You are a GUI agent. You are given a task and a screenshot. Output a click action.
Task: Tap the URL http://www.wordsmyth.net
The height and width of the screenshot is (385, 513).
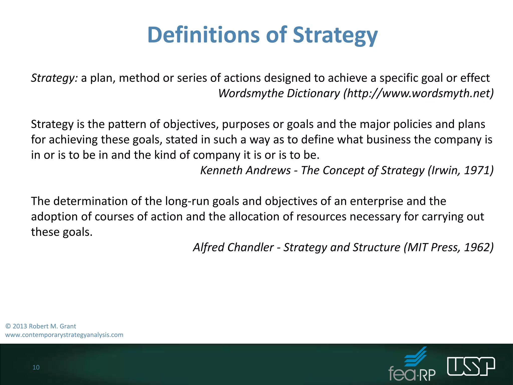click(x=418, y=93)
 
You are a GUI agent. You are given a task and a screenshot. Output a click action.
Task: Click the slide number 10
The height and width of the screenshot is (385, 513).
click(x=36, y=367)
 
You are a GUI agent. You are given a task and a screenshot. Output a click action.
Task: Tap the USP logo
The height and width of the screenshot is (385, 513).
click(x=471, y=366)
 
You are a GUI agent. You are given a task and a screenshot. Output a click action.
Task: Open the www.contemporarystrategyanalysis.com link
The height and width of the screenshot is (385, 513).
click(x=64, y=335)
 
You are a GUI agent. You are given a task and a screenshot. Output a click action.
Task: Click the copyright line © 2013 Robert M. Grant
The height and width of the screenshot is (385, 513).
click(x=41, y=326)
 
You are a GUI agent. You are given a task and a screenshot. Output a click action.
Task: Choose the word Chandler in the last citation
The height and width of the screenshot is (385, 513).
click(x=250, y=247)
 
